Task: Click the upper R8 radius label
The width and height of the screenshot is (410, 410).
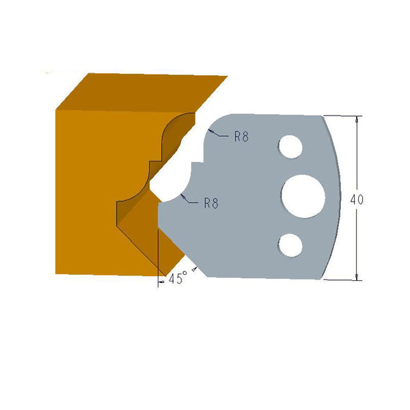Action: (241, 137)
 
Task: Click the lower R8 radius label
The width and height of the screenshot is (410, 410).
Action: (211, 202)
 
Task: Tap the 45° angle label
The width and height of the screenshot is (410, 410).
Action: (176, 279)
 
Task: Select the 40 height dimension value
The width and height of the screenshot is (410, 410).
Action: (357, 200)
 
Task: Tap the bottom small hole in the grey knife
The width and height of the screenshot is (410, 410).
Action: (290, 244)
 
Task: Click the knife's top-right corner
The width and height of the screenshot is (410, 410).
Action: (321, 115)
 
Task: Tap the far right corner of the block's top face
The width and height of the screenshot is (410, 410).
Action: (227, 77)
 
